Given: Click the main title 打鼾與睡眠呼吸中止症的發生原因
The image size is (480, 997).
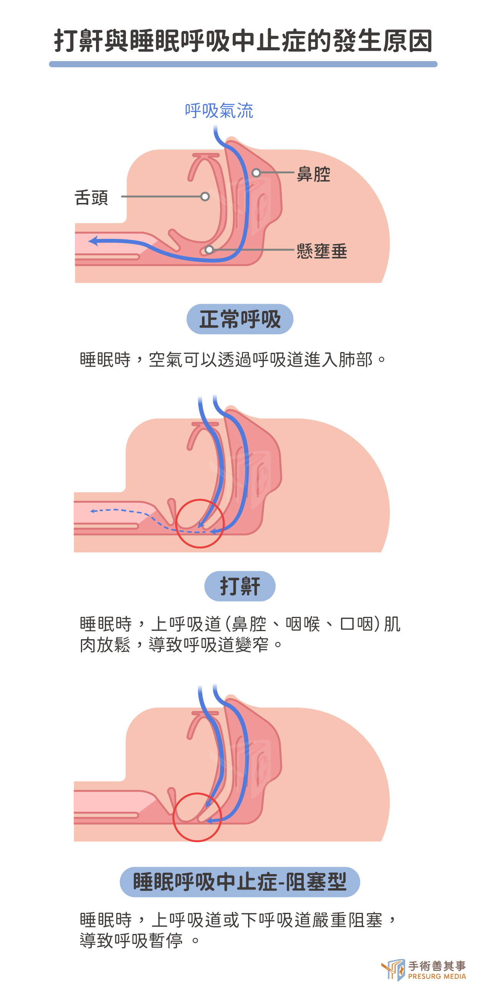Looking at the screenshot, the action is tap(243, 40).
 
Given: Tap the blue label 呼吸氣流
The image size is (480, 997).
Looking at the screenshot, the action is tap(219, 111).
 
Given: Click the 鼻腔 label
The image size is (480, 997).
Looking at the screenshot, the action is tap(313, 174).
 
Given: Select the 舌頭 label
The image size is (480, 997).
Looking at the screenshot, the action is tap(91, 198).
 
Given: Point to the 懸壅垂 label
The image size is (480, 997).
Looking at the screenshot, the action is tap(322, 251).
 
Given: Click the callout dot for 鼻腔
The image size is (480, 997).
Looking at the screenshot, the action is tap(256, 173).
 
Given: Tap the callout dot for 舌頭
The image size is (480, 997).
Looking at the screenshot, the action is tap(205, 197).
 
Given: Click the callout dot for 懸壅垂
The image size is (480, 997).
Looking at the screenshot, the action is tap(209, 250).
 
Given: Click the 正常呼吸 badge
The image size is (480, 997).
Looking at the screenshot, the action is tap(240, 319).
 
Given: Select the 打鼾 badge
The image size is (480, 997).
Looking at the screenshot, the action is tap(240, 586).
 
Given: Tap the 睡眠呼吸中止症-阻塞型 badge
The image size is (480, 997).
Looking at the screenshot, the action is tap(240, 882).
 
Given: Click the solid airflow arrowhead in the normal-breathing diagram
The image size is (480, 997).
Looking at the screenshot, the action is tap(93, 241).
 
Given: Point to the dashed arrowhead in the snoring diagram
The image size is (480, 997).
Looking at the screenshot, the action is tap(93, 511).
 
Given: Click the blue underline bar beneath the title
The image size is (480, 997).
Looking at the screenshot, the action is tap(243, 64).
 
